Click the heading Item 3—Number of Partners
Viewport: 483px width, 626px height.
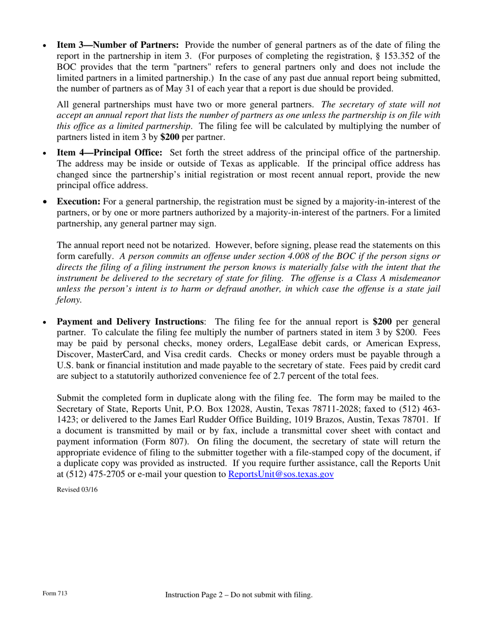pyautogui.click(x=117, y=45)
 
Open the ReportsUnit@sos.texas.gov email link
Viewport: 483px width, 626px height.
pyautogui.click(x=281, y=474)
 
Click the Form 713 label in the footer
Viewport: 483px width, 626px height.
pyautogui.click(x=55, y=593)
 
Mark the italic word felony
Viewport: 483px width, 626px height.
pyautogui.click(x=69, y=300)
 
